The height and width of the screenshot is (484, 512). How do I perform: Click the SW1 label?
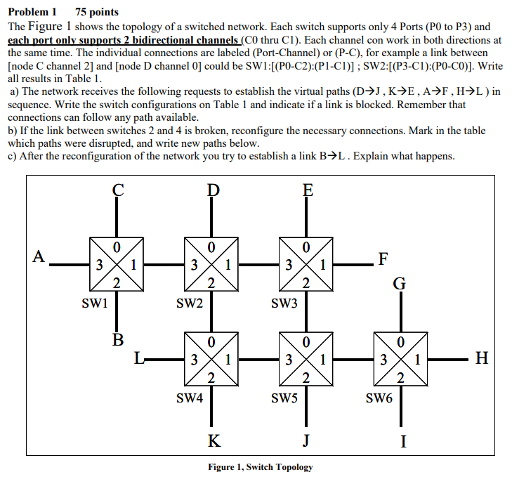coord(95,303)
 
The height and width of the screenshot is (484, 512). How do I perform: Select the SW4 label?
coord(190,398)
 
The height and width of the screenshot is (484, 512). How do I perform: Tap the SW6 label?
coord(379,398)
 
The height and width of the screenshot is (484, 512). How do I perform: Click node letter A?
coord(39,256)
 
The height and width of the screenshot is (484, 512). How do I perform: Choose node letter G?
coord(399,283)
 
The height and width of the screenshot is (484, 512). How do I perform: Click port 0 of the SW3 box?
coord(306,247)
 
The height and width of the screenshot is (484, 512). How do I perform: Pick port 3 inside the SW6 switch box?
coord(383,361)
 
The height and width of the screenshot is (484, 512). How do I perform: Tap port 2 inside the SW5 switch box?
coord(306,379)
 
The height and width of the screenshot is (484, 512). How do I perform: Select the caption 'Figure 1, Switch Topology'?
coord(261,467)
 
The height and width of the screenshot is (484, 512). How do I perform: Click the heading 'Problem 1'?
coord(32,12)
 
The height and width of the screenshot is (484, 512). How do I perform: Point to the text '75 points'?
coord(97,12)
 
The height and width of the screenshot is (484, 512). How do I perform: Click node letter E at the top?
coord(307,190)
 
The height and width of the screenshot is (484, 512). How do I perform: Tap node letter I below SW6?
coord(402,442)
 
